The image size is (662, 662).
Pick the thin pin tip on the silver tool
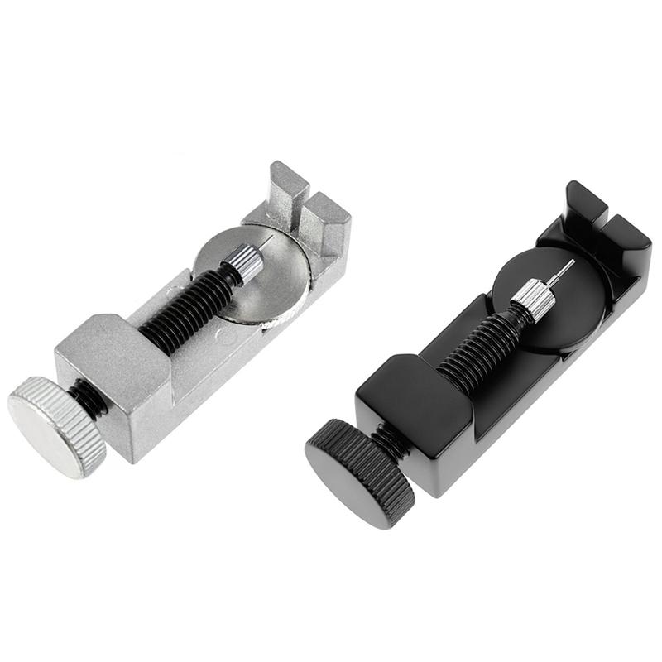pyautogui.click(x=269, y=240)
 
